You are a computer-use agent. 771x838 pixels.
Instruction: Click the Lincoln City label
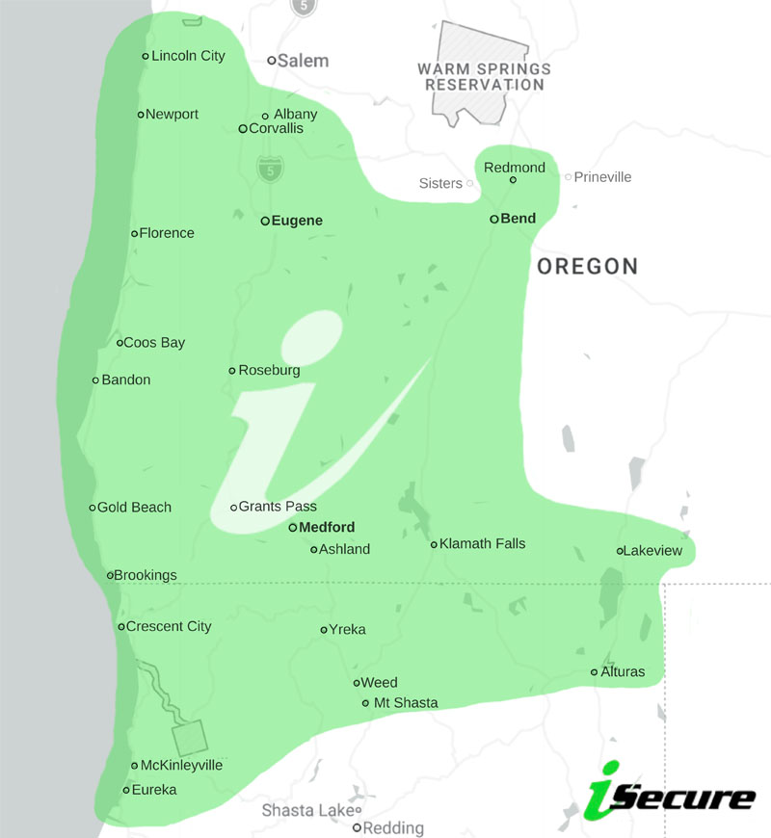coord(188,56)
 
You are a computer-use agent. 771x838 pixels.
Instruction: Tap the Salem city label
coord(304,61)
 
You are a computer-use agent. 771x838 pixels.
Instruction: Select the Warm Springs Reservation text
coord(484,77)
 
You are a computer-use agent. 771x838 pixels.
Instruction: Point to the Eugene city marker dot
coord(265,221)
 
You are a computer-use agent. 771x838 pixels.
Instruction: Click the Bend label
coord(518,219)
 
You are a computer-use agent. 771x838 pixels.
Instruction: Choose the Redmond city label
coord(515,168)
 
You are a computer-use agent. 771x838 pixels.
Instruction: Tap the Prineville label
coord(602,177)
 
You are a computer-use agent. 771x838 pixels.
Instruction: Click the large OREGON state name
coord(587,267)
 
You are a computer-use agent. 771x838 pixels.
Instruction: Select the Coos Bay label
coord(154,343)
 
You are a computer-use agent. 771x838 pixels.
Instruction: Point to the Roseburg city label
coord(269,371)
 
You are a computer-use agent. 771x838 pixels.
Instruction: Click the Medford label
coord(327,528)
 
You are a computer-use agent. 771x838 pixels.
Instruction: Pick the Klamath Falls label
coord(483,544)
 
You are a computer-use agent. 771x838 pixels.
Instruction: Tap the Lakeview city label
coord(652,551)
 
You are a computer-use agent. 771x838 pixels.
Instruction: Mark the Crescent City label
coord(169,627)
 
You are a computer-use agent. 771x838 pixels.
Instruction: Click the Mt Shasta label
coord(406,703)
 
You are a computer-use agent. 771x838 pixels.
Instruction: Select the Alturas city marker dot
coord(595,672)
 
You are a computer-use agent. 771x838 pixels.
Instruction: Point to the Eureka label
coord(154,790)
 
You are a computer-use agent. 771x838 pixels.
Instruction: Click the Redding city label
coord(395,828)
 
